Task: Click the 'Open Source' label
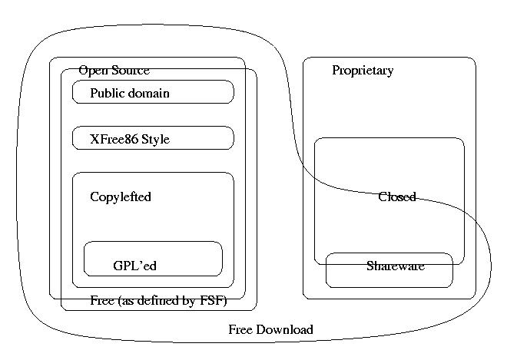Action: [x=114, y=71]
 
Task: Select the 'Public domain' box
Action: [x=152, y=93]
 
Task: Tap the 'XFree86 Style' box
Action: [x=152, y=138]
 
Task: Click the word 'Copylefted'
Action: [x=121, y=197]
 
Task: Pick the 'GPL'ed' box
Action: [x=152, y=259]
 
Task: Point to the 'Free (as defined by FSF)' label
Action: [x=158, y=300]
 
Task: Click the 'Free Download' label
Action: [x=270, y=330]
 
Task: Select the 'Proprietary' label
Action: [x=363, y=71]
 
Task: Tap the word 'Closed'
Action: [x=396, y=197]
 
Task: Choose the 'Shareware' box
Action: [x=389, y=270]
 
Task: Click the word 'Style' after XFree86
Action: [x=155, y=140]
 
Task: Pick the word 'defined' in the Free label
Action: [x=164, y=300]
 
